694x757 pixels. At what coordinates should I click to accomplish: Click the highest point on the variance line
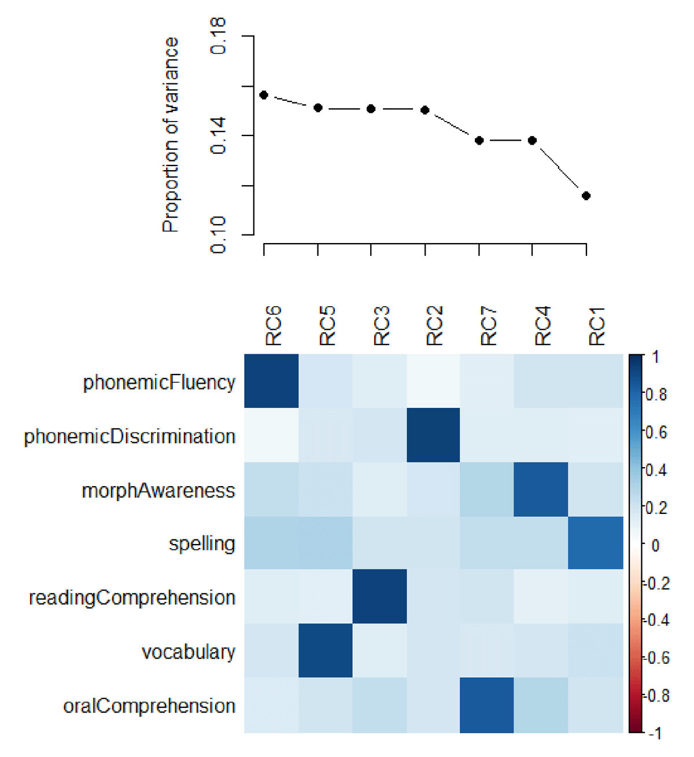(264, 95)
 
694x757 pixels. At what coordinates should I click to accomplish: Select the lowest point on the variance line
(586, 196)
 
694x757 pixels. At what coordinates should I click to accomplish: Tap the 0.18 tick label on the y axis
(218, 36)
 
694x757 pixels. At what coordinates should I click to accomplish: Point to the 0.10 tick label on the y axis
(218, 235)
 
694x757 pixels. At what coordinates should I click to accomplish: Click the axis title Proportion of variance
(171, 135)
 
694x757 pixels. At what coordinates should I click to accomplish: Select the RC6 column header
(273, 326)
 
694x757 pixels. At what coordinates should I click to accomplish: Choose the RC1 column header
(596, 326)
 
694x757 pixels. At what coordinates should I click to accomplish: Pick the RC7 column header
(489, 326)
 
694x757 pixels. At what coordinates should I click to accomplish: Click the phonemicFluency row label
(159, 383)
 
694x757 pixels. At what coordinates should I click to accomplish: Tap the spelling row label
(202, 544)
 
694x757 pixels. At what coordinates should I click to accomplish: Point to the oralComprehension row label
(149, 706)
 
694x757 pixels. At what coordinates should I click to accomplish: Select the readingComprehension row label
(132, 598)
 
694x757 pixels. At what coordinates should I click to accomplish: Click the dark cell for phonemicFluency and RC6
(271, 381)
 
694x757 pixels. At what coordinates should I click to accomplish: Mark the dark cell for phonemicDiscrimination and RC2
(433, 435)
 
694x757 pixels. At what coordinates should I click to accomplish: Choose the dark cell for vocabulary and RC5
(325, 651)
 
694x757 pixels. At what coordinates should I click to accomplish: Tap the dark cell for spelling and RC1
(596, 543)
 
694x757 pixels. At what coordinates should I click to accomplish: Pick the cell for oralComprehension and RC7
(487, 705)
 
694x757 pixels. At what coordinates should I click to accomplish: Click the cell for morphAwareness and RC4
(541, 489)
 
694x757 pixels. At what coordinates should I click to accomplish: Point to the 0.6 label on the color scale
(656, 432)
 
